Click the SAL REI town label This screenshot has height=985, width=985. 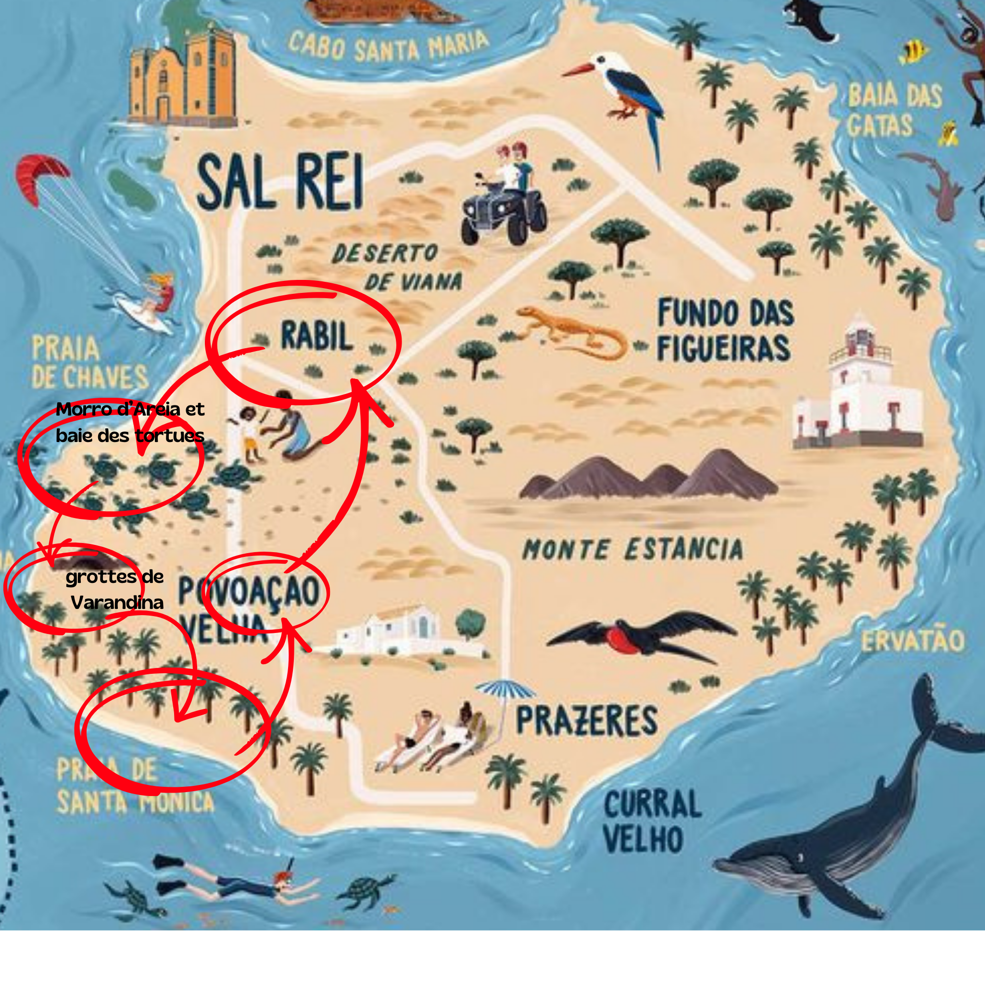point(280,182)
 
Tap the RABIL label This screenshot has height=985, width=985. point(316,336)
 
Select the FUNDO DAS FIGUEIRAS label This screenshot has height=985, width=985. point(724,330)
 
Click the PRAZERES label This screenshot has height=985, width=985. point(587,721)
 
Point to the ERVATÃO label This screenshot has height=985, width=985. point(912,641)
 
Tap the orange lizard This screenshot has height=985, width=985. point(571,332)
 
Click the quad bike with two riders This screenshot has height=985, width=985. point(505,196)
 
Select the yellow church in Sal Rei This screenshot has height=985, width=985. point(182,79)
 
